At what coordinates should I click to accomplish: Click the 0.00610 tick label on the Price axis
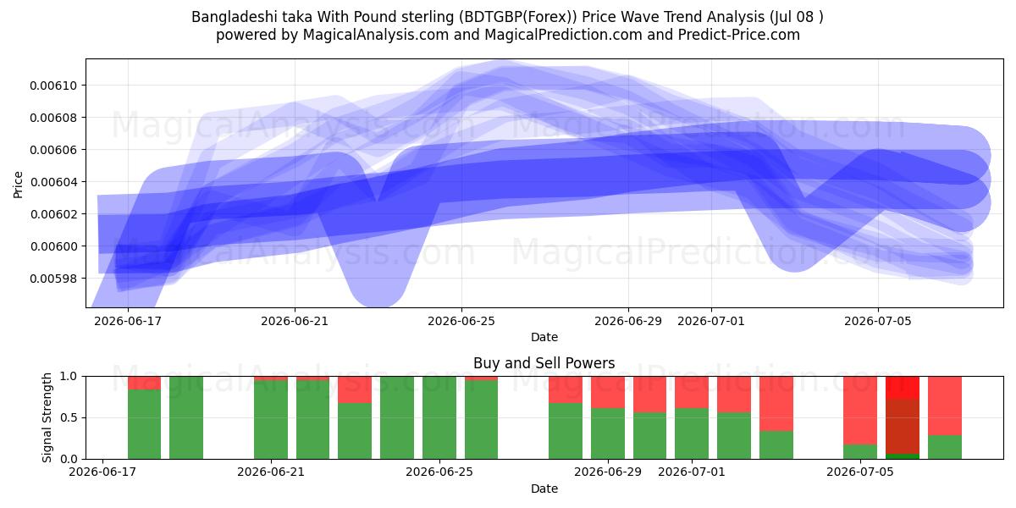point(53,86)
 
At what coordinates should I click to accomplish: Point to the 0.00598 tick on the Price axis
point(53,278)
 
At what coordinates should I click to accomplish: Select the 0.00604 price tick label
point(53,182)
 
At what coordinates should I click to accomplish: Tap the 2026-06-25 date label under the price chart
point(461,321)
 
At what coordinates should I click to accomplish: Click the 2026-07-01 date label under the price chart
point(710,321)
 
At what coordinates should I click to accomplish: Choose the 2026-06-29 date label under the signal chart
point(608,472)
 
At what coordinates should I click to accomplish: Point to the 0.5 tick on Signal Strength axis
point(69,417)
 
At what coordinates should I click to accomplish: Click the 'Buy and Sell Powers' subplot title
point(544,363)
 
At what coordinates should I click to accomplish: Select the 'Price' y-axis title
point(18,185)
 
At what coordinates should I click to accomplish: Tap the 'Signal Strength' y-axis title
point(47,417)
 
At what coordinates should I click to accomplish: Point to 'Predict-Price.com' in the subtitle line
point(739,35)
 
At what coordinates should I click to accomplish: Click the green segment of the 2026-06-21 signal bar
point(271,420)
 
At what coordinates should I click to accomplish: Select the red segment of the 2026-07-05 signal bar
point(860,411)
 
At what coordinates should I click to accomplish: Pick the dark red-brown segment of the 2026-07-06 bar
point(903,427)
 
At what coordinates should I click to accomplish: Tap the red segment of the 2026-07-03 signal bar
point(776,404)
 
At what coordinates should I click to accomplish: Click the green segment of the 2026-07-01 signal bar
point(692,433)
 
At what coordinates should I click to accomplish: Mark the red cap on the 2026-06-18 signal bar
point(144,383)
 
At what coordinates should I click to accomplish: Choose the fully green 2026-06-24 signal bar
point(439,417)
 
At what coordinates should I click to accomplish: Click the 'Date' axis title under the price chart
point(544,337)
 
